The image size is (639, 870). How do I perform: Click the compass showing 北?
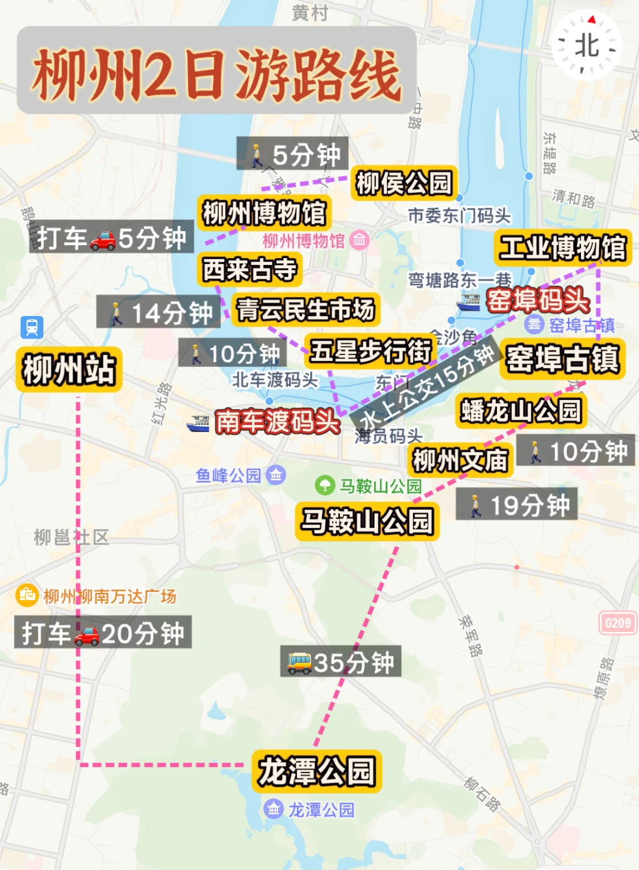coord(586,46)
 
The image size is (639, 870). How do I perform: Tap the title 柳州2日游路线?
coord(217,73)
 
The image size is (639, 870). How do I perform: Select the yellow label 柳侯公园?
coord(405,183)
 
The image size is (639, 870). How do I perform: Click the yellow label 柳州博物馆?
coord(264,212)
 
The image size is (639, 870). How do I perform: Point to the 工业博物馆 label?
coord(563,247)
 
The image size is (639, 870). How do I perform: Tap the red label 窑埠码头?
coord(537,300)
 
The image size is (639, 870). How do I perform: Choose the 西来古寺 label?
coord(250,269)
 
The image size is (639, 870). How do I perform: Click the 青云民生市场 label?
coord(305,309)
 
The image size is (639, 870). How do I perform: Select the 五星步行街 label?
coord(371,350)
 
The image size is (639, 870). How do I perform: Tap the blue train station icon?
coord(32,327)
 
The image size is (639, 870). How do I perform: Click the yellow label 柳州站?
coord(69,369)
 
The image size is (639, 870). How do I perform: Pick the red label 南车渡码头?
coord(277,421)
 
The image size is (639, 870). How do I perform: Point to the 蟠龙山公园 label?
coord(521,411)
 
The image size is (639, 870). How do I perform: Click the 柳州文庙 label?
coord(460,460)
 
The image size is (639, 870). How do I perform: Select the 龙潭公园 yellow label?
coord(317,771)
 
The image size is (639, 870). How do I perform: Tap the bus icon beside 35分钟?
coord(299,662)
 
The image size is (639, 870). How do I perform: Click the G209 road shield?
coord(618,623)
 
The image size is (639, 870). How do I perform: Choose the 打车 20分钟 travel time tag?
coord(103,633)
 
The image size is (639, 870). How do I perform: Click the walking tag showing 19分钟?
coord(516,505)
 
